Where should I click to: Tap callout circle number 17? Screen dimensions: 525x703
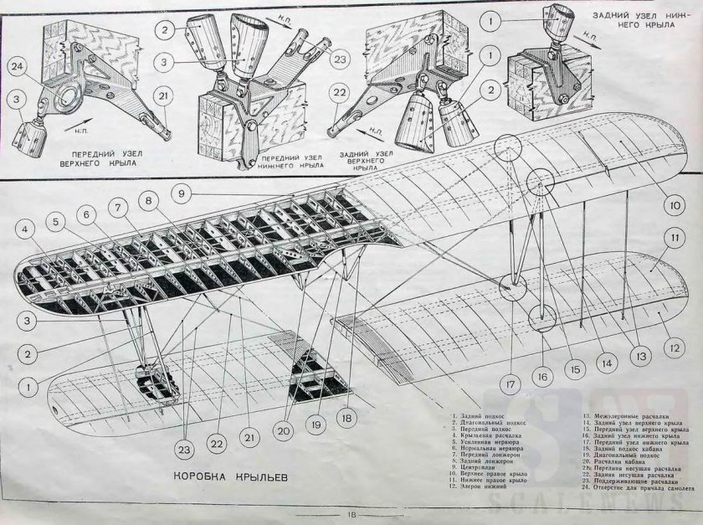pyautogui.click(x=509, y=386)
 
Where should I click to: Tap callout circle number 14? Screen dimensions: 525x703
pyautogui.click(x=605, y=364)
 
